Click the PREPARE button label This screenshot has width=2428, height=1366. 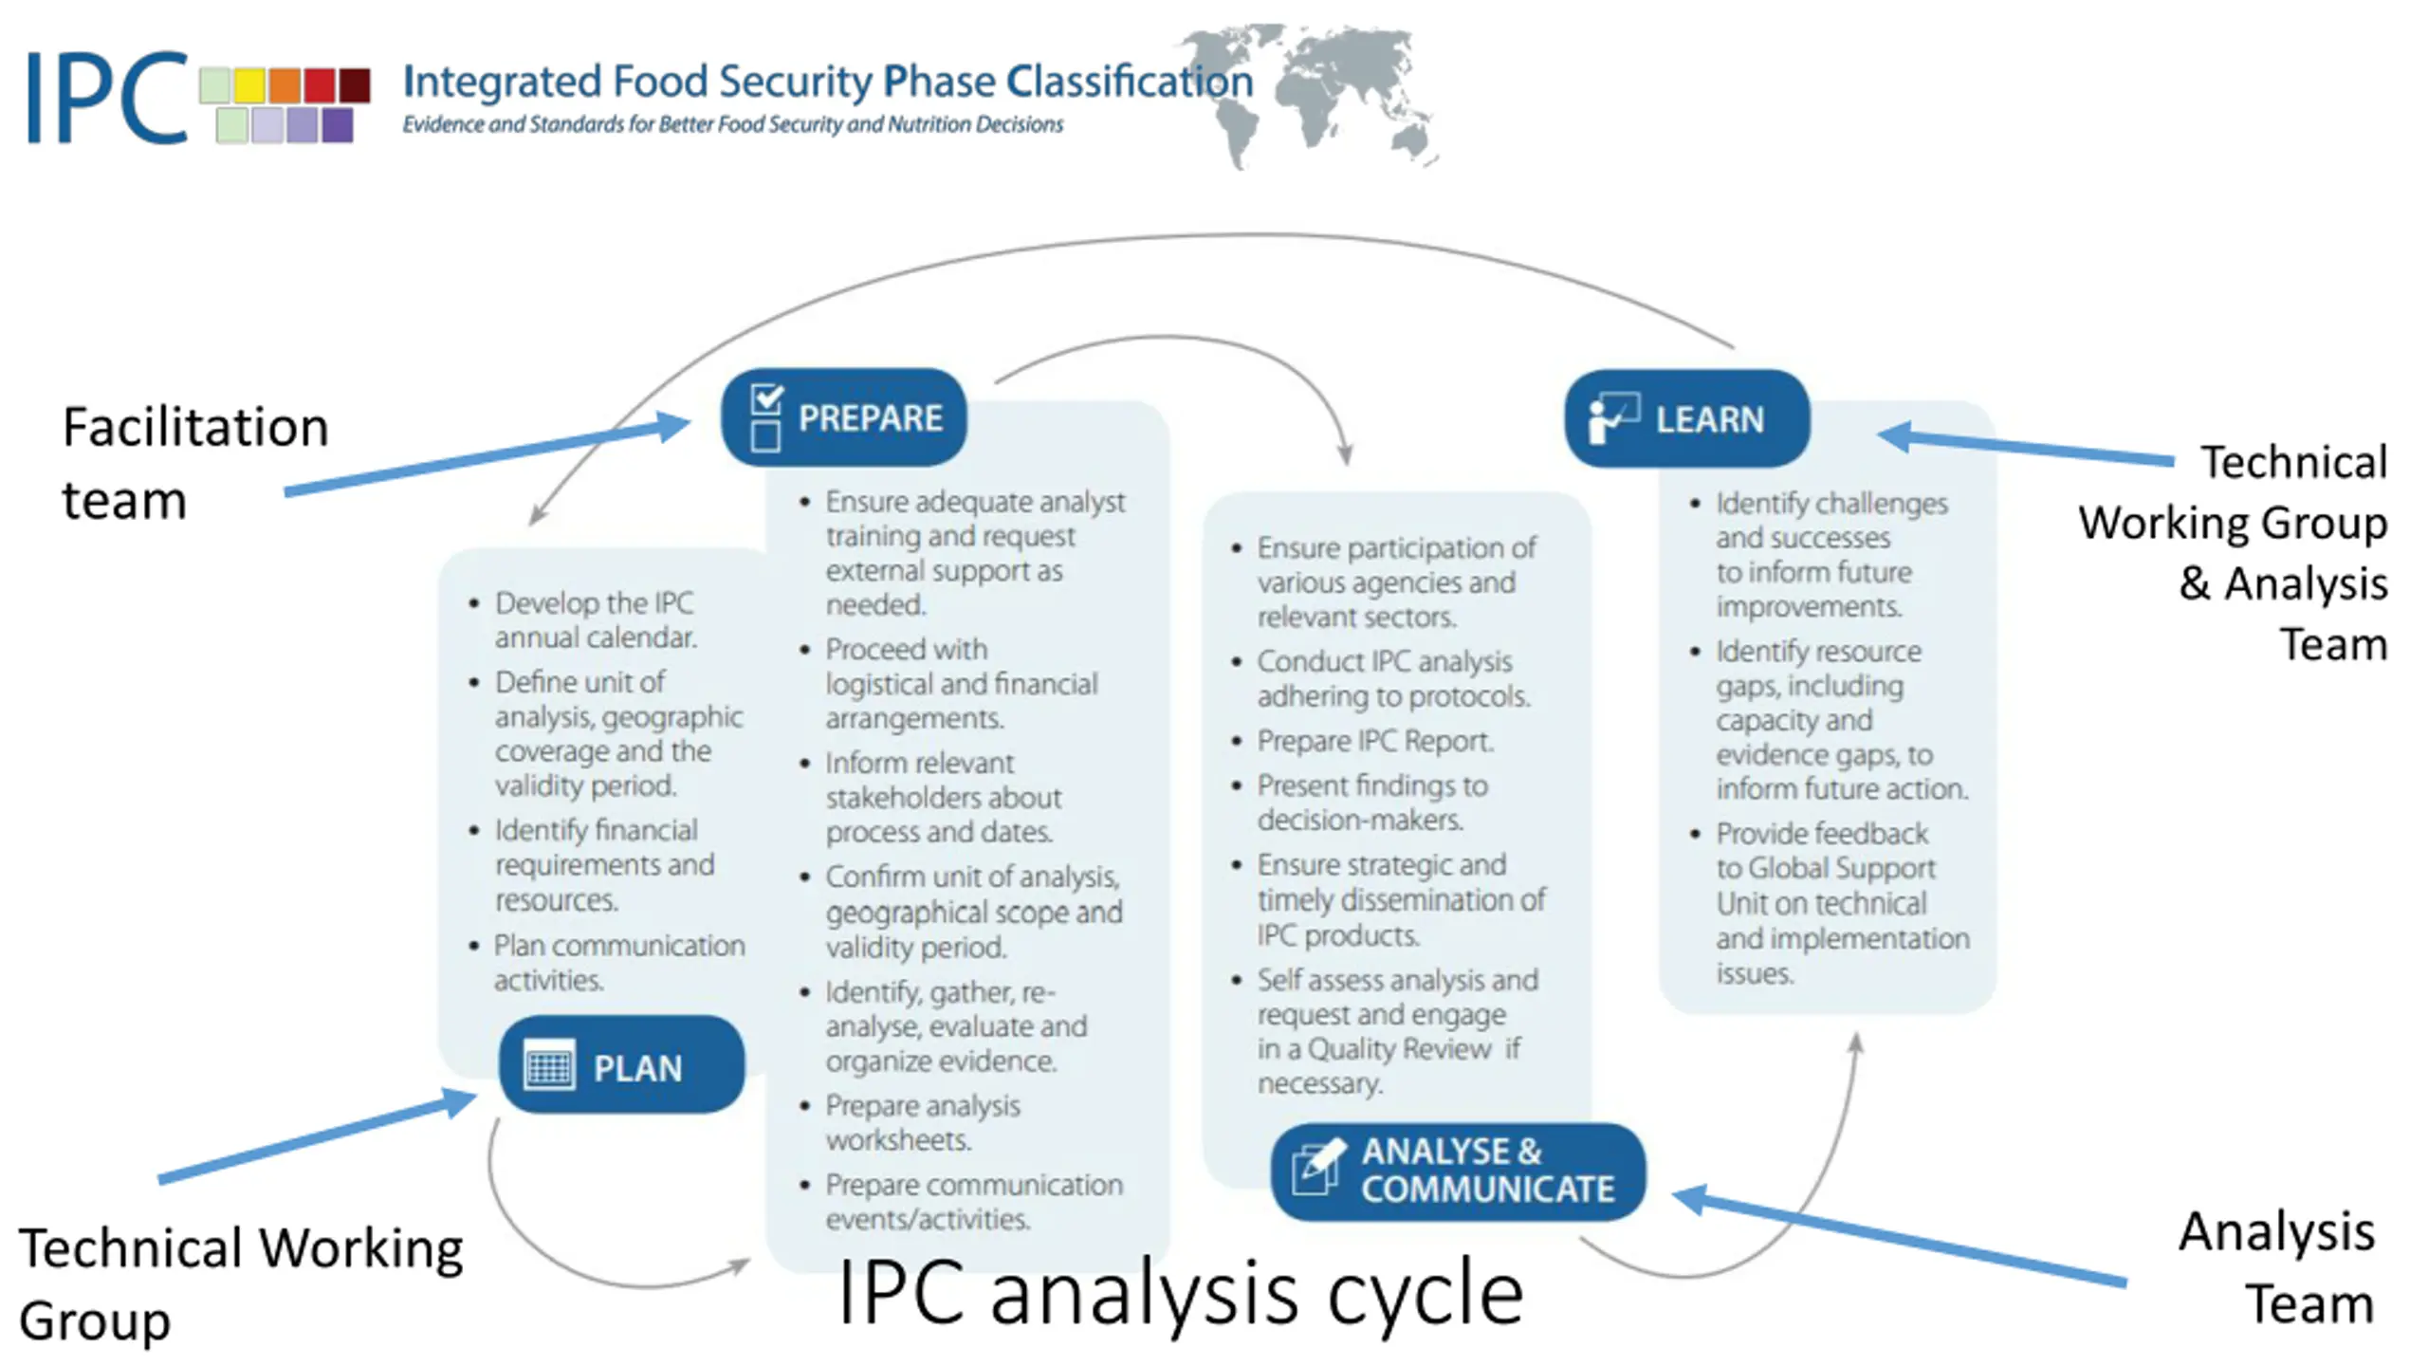pyautogui.click(x=870, y=418)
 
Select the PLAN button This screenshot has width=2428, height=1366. pyautogui.click(x=621, y=1066)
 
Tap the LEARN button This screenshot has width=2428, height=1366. pyautogui.click(x=1687, y=418)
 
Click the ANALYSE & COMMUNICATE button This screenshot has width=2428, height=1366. pyautogui.click(x=1459, y=1171)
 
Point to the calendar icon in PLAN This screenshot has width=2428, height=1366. pyautogui.click(x=549, y=1066)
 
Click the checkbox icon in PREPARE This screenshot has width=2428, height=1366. pyautogui.click(x=765, y=417)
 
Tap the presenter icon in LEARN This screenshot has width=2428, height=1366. pyautogui.click(x=1611, y=418)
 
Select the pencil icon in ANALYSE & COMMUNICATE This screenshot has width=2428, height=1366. pyautogui.click(x=1317, y=1169)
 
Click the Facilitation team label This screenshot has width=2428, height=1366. pyautogui.click(x=194, y=463)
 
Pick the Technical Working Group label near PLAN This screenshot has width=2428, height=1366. pyautogui.click(x=240, y=1283)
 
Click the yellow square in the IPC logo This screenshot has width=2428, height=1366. pyautogui.click(x=249, y=85)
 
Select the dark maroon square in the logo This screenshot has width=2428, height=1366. pyautogui.click(x=355, y=85)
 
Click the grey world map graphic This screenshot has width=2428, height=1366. pyautogui.click(x=1328, y=95)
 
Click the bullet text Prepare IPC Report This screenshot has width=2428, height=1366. pyautogui.click(x=1374, y=741)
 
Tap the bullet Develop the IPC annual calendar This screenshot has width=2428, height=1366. pyautogui.click(x=595, y=619)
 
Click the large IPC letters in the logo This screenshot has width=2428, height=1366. pyautogui.click(x=106, y=98)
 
